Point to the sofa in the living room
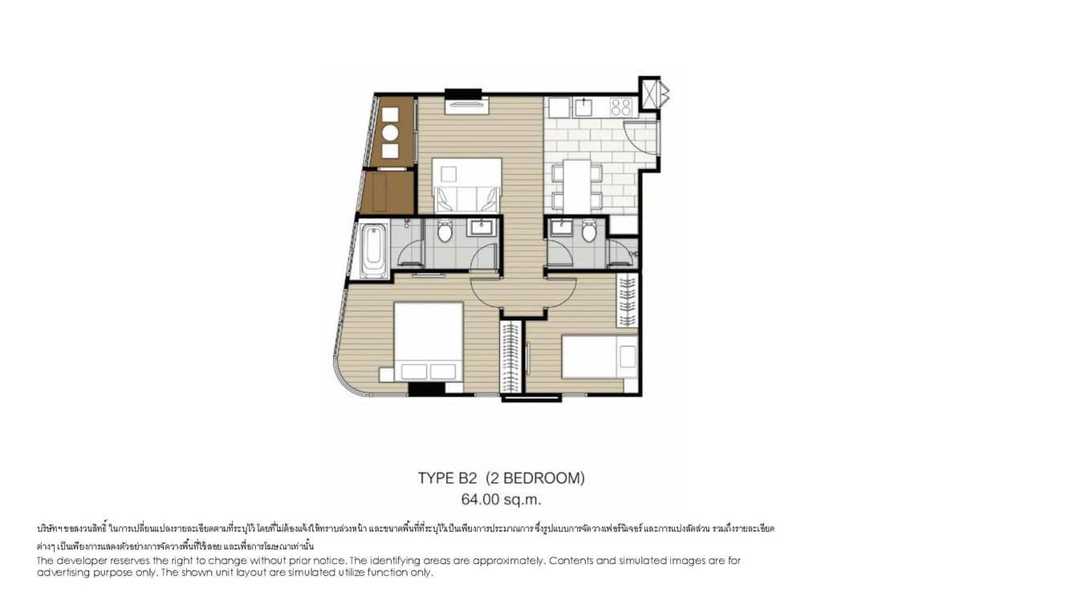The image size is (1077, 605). tap(467, 188)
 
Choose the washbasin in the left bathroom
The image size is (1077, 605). tap(482, 228)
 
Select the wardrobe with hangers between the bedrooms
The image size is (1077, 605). tap(510, 357)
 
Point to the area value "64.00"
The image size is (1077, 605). tap(479, 499)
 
